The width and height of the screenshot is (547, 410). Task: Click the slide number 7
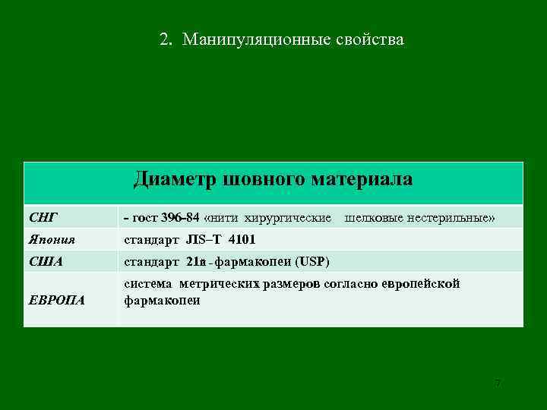point(498,383)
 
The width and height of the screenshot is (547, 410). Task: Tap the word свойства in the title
point(370,39)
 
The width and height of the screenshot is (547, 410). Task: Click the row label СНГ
point(43,218)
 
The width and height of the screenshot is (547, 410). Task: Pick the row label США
point(46,262)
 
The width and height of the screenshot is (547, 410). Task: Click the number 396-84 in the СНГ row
point(181,218)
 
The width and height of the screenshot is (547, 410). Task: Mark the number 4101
point(242,240)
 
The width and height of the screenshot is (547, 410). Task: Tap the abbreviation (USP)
point(313,262)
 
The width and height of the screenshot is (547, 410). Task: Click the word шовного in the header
point(264,179)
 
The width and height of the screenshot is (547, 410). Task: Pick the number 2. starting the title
point(166,39)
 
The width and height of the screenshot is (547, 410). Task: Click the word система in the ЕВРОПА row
point(148,284)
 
